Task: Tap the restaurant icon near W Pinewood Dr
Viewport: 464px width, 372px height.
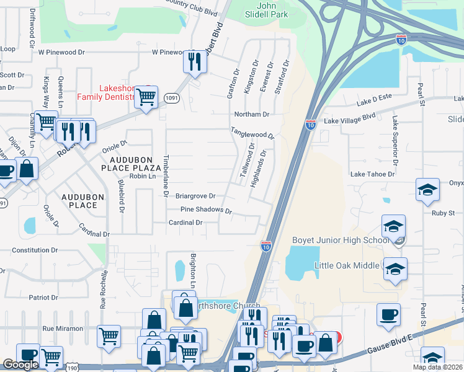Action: (194, 61)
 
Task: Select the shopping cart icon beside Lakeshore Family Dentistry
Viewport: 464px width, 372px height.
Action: (146, 97)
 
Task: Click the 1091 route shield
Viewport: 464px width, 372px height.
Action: (172, 97)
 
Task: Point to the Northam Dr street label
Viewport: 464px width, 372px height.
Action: (251, 114)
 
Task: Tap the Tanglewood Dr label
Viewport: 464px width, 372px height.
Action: (252, 133)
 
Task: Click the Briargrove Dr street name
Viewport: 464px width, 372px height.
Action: (195, 195)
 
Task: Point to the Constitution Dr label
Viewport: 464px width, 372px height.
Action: (35, 250)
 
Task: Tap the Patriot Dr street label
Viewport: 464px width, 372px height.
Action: (43, 297)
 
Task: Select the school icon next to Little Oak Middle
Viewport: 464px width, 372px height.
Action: (394, 270)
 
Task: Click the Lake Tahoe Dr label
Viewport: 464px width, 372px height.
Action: (372, 174)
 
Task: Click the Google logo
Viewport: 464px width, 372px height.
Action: (20, 365)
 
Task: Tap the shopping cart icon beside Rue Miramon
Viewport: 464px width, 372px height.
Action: (109, 335)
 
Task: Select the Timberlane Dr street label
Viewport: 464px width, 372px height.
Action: (166, 175)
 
